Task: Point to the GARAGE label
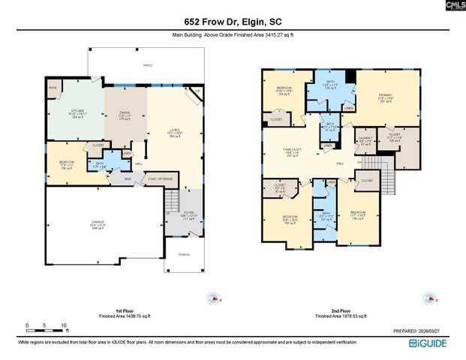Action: (x=98, y=223)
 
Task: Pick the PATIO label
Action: (x=148, y=66)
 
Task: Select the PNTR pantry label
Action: (x=53, y=88)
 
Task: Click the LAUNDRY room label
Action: (x=365, y=139)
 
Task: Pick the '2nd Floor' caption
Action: (x=342, y=310)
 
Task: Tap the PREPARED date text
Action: (x=426, y=330)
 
